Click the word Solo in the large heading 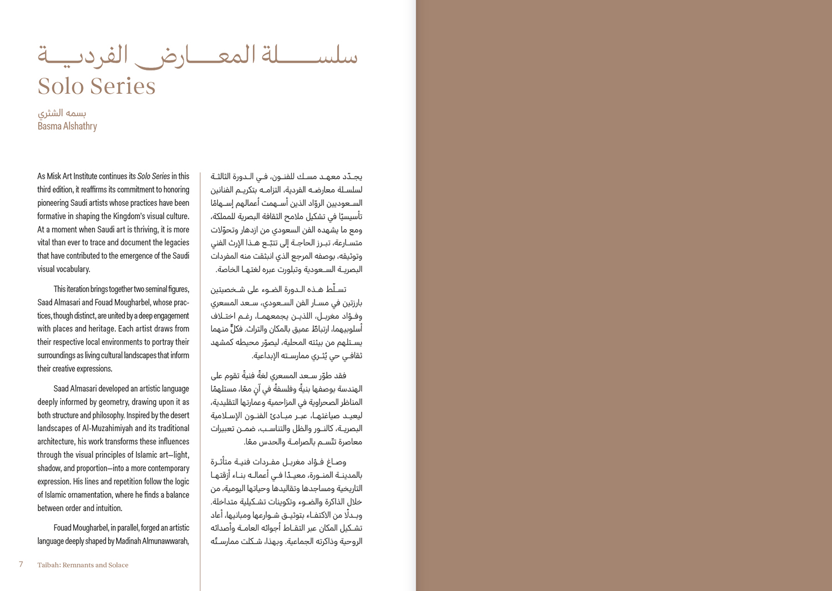pyautogui.click(x=60, y=87)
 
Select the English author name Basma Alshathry pyautogui.click(x=67, y=127)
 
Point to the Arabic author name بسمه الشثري pyautogui.click(x=62, y=113)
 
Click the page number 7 pyautogui.click(x=21, y=564)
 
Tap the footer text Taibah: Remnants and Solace pyautogui.click(x=83, y=565)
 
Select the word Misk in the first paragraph pyautogui.click(x=54, y=176)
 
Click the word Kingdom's pyautogui.click(x=146, y=216)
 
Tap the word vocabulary pyautogui.click(x=72, y=269)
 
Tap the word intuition pyautogui.click(x=107, y=508)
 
